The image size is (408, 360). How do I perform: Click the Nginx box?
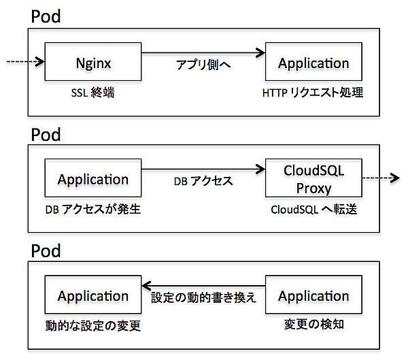[x=93, y=63]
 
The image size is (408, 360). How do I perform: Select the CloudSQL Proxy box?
[x=313, y=179]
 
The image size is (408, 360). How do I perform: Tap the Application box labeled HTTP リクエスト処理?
[x=313, y=63]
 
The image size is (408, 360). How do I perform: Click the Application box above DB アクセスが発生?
[x=93, y=179]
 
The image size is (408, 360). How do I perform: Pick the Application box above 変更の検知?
[x=313, y=295]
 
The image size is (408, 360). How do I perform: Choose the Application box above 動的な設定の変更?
[x=93, y=295]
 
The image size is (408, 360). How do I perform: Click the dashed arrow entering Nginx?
[x=24, y=63]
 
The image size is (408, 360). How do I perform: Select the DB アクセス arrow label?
[x=204, y=182]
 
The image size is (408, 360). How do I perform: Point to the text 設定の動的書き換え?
[x=203, y=298]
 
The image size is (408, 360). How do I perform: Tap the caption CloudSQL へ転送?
[x=313, y=210]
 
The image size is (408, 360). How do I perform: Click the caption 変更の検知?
[x=313, y=325]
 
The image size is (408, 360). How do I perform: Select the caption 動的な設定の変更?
[x=92, y=325]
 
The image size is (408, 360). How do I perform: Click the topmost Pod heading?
[x=46, y=16]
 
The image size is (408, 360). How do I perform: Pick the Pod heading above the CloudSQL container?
[x=46, y=133]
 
